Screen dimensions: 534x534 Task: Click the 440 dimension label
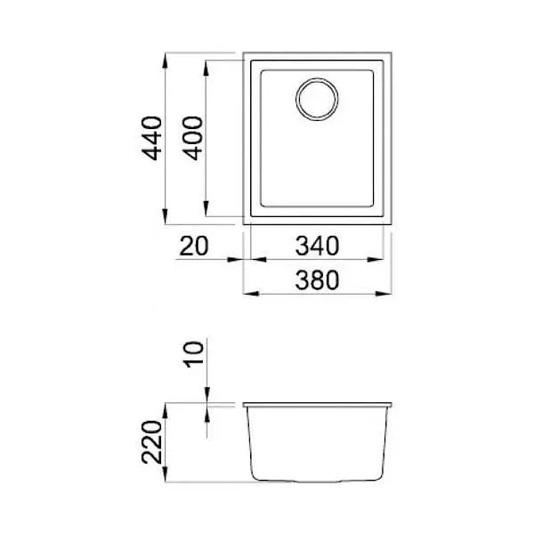tap(152, 138)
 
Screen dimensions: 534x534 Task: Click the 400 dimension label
tap(193, 138)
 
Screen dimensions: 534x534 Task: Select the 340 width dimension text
tap(317, 246)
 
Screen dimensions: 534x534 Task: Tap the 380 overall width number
tap(317, 280)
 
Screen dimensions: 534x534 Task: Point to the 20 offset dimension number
tap(193, 246)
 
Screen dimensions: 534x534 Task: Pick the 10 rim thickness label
tap(193, 354)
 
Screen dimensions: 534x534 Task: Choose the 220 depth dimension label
tap(152, 442)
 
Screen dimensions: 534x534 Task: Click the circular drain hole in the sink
tap(317, 99)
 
